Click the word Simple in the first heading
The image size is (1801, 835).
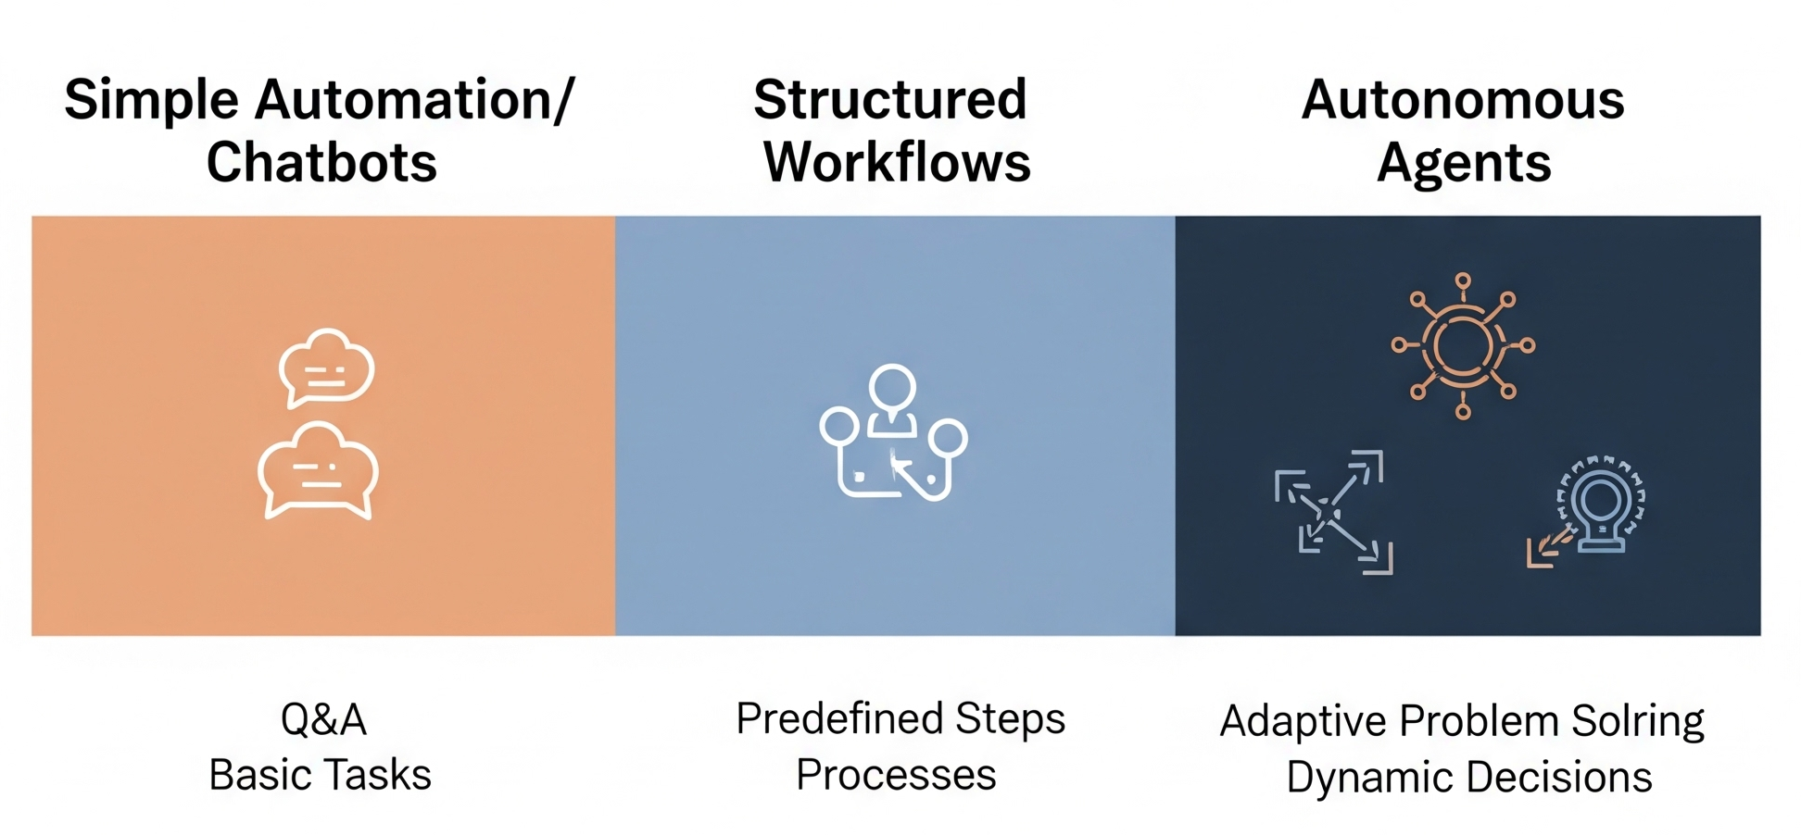coord(151,101)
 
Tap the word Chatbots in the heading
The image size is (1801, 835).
coord(321,163)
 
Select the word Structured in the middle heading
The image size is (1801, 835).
coord(889,100)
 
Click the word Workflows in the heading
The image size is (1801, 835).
coord(896,163)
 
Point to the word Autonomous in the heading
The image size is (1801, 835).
coord(1462,100)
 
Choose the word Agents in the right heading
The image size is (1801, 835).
coord(1463,163)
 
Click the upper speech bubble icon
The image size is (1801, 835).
coord(326,368)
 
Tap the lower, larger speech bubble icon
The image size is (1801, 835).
coord(318,471)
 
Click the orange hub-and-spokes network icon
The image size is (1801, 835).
coord(1463,346)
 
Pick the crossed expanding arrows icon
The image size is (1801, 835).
coord(1333,512)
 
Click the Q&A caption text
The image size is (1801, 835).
coord(323,719)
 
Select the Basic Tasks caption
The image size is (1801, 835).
coord(320,775)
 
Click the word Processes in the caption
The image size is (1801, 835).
coord(896,775)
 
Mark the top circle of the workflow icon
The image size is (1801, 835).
coord(892,387)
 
